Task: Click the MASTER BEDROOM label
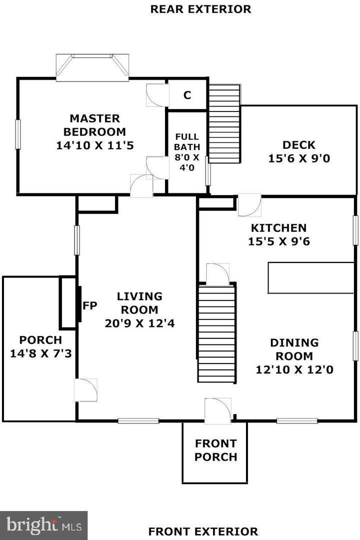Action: pos(94,125)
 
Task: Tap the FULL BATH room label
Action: pos(187,141)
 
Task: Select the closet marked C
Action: pos(187,95)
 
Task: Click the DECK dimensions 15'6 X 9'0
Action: pos(299,159)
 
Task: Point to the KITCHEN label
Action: pos(278,228)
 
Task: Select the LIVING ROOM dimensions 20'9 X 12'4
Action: pos(139,323)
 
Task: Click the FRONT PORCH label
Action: pos(215,450)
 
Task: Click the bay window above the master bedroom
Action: pos(92,66)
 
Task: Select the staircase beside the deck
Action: pos(224,123)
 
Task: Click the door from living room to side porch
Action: pos(85,390)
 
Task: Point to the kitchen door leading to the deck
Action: pos(249,205)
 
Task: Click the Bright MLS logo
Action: pos(43,525)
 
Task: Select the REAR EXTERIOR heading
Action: pos(200,9)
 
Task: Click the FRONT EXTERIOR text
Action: pos(203,531)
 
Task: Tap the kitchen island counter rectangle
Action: pos(310,277)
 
